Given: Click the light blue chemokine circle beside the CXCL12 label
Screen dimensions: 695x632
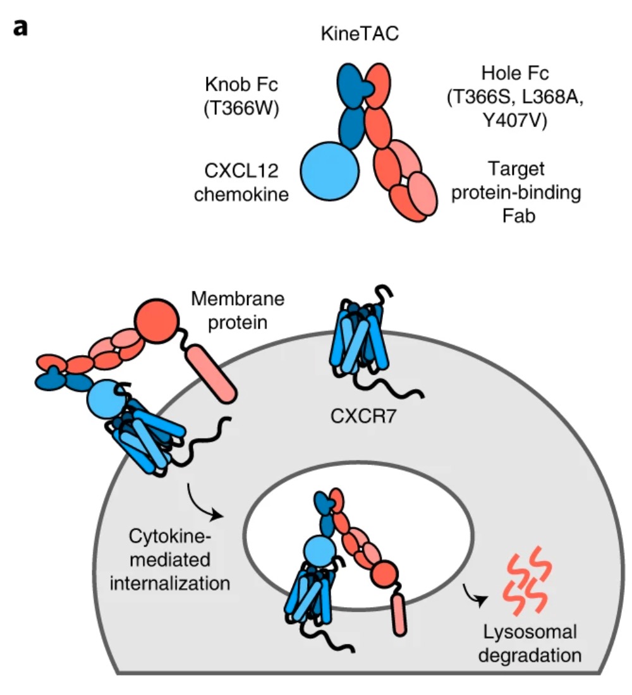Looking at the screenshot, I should (329, 171).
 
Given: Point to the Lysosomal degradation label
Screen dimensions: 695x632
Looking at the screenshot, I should (528, 643).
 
